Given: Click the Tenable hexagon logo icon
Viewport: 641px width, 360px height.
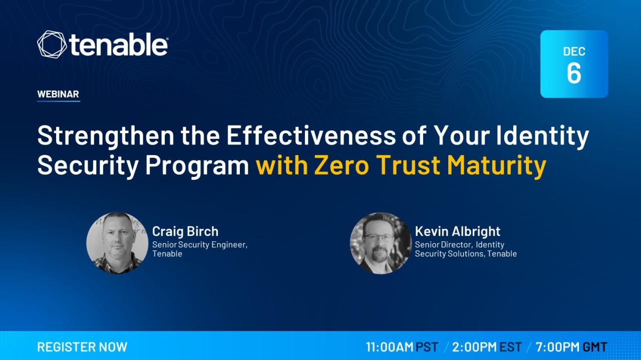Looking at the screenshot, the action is click(52, 45).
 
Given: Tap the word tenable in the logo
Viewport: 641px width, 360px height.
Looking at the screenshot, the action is click(118, 45).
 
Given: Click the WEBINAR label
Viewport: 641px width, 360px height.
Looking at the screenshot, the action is click(58, 94).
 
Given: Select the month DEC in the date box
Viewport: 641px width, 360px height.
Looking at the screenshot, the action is click(574, 52).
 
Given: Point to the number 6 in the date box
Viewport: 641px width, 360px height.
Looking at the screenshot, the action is click(574, 73).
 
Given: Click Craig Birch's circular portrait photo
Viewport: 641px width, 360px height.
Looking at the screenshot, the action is click(117, 243).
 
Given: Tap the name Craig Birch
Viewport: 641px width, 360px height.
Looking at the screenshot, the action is click(185, 231).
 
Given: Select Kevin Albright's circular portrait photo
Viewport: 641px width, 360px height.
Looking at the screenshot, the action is click(381, 243).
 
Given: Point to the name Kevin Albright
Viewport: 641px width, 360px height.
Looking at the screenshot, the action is click(458, 231).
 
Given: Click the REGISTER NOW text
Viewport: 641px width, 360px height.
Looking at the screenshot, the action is click(82, 347).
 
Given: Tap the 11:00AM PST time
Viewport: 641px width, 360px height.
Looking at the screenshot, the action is click(402, 347).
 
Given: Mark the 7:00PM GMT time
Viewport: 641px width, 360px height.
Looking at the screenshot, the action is click(571, 347).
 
